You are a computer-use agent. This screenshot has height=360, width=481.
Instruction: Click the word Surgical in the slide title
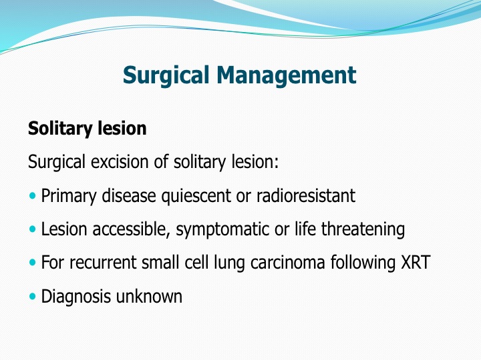pyautogui.click(x=166, y=75)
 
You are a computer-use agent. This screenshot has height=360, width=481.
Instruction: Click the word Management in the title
pyautogui.click(x=286, y=75)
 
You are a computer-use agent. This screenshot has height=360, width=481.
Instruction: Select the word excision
pyautogui.click(x=120, y=161)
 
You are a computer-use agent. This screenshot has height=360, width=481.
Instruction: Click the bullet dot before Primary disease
pyautogui.click(x=33, y=195)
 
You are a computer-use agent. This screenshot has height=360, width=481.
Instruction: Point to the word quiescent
pyautogui.click(x=196, y=196)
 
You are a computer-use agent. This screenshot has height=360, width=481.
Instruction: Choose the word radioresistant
pyautogui.click(x=305, y=195)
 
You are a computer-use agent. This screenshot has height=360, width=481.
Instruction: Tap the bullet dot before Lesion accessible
pyautogui.click(x=33, y=229)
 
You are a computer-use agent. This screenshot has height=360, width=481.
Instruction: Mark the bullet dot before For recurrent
pyautogui.click(x=33, y=263)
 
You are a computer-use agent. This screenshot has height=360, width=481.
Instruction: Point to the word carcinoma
pyautogui.click(x=287, y=263)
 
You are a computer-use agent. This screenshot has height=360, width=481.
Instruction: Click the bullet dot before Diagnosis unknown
pyautogui.click(x=33, y=296)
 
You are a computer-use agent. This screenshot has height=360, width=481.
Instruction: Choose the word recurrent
pyautogui.click(x=102, y=263)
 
